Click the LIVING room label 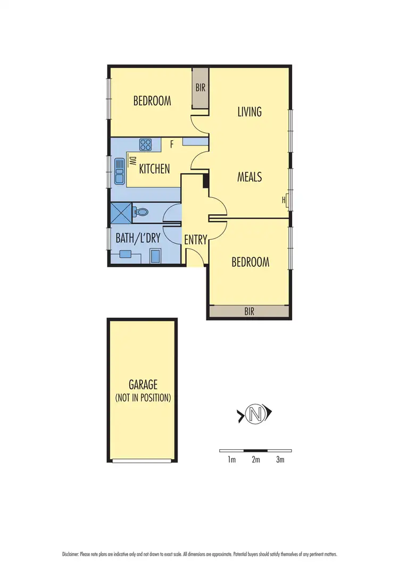point(250,112)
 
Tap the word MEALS point(250,177)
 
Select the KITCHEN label point(154,169)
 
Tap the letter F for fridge point(172,144)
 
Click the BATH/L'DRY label point(138,238)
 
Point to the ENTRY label point(195,240)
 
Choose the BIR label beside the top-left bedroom point(200,88)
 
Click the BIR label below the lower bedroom point(249,312)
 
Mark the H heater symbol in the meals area point(285,200)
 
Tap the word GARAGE point(143,385)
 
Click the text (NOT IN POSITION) point(143,398)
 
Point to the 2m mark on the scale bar point(255,460)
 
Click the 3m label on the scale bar point(280,460)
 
